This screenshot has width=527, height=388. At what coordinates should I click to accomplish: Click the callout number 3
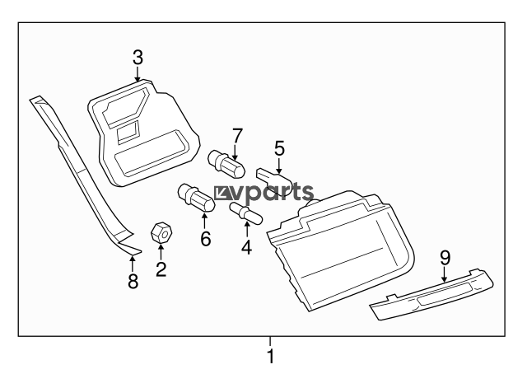point(138,58)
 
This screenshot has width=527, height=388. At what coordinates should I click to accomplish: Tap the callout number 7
point(237,136)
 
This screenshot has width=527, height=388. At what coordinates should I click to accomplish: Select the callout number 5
point(279,148)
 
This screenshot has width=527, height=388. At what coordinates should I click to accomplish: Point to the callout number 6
point(205,238)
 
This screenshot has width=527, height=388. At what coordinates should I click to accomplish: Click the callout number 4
point(247,247)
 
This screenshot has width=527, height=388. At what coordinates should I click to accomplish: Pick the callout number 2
point(161,269)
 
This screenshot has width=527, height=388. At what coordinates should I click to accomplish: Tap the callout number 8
point(133,281)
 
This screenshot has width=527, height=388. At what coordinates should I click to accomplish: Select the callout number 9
point(445,258)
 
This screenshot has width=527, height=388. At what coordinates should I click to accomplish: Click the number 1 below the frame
point(270,356)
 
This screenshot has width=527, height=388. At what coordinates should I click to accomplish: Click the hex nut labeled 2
point(161,232)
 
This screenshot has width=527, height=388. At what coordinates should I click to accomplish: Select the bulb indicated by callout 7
point(227,165)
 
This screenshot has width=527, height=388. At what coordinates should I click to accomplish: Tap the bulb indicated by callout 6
point(196,199)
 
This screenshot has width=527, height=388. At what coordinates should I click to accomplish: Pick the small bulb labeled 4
point(246,213)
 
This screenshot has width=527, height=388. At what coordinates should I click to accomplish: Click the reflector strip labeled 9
point(431,294)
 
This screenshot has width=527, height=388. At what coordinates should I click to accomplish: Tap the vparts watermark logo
point(263,193)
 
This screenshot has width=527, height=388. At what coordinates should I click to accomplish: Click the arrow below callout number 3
point(138,73)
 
